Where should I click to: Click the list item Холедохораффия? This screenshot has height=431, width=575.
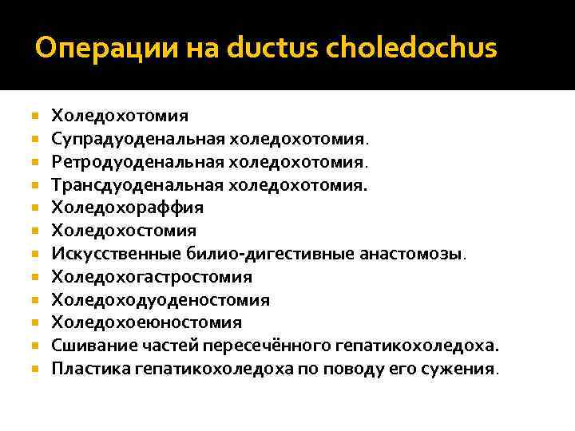[128, 208]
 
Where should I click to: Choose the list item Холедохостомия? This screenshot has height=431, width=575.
[124, 231]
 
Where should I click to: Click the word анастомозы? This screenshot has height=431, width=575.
[417, 254]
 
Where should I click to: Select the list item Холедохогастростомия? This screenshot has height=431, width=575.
[152, 277]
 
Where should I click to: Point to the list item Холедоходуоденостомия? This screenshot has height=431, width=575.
[161, 300]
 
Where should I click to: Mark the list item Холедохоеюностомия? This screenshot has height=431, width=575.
[147, 322]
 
